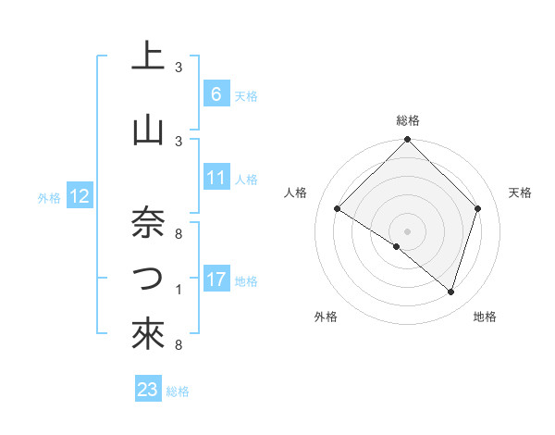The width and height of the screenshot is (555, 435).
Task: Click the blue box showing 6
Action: point(216,94)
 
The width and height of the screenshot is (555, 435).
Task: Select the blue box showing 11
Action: point(216,178)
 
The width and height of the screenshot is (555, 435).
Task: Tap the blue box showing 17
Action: point(216,280)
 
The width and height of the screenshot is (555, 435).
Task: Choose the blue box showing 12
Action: point(80,196)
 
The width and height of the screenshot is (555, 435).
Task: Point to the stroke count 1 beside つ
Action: point(179,291)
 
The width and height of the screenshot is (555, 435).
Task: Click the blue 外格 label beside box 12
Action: point(49,197)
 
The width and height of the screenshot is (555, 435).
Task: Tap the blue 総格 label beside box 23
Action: point(178,391)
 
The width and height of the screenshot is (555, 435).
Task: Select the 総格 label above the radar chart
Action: point(408,120)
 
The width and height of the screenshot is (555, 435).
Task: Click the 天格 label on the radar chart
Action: point(521,193)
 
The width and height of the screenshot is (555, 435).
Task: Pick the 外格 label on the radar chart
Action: point(326,317)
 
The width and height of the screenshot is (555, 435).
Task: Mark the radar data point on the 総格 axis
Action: point(408,141)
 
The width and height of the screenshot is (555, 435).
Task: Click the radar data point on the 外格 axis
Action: point(397,247)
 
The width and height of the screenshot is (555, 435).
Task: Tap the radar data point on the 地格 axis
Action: point(450,292)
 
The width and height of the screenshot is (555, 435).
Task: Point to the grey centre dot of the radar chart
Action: point(408,230)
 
